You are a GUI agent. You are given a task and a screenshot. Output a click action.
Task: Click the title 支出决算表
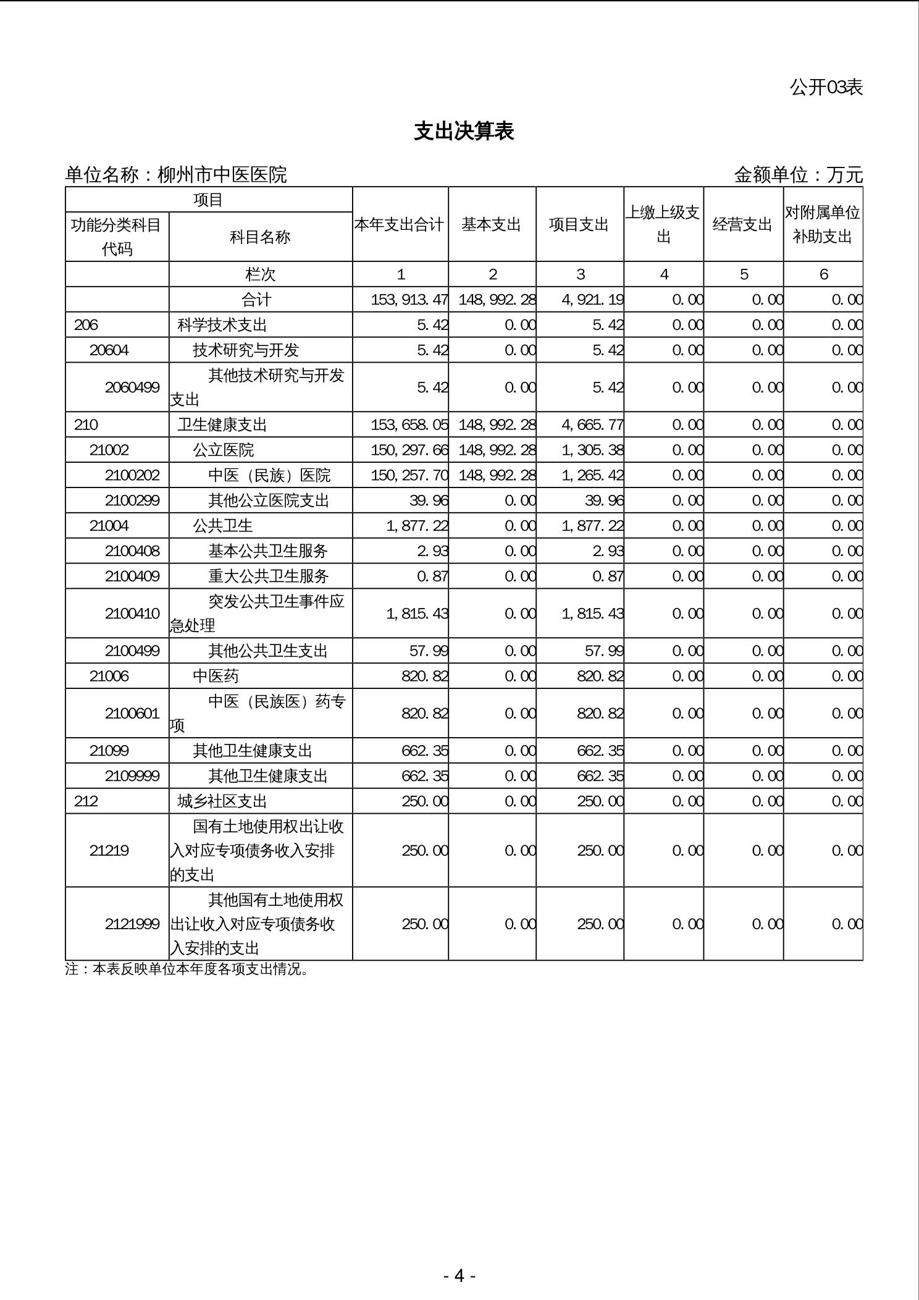pyautogui.click(x=464, y=131)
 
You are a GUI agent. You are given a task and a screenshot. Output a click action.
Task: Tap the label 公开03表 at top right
pyautogui.click(x=826, y=87)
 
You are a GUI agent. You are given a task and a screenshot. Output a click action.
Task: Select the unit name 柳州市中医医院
pyautogui.click(x=222, y=175)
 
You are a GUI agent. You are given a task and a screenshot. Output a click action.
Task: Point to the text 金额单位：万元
pyautogui.click(x=798, y=175)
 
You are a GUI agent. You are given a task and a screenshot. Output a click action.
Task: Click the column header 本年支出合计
pyautogui.click(x=400, y=224)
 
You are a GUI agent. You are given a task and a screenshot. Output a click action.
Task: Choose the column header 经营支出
pyautogui.click(x=743, y=224)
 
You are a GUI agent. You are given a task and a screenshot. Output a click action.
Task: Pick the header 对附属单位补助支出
pyautogui.click(x=823, y=224)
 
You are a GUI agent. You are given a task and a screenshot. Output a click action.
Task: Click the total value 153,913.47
pyautogui.click(x=409, y=300)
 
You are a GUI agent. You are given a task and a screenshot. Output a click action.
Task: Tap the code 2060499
pyautogui.click(x=132, y=387)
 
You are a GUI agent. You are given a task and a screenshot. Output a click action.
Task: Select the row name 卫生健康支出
pyautogui.click(x=222, y=425)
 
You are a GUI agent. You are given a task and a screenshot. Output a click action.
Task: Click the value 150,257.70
pyautogui.click(x=409, y=475)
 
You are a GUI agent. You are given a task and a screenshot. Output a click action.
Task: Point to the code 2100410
pyautogui.click(x=132, y=614)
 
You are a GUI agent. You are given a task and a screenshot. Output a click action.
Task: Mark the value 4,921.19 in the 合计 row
pyautogui.click(x=592, y=300)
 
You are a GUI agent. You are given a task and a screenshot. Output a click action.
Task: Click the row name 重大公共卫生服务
pyautogui.click(x=268, y=576)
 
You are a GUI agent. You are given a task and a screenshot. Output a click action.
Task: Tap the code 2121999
pyautogui.click(x=132, y=924)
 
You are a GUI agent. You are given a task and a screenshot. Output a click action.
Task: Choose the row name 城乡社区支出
pyautogui.click(x=222, y=801)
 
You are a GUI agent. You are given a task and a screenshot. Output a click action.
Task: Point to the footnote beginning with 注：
pyautogui.click(x=187, y=969)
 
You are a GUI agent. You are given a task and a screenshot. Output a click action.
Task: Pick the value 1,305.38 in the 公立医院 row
pyautogui.click(x=592, y=450)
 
